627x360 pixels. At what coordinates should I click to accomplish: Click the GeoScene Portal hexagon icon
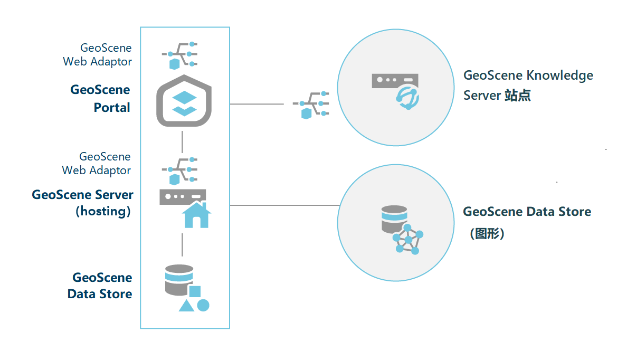[184, 101]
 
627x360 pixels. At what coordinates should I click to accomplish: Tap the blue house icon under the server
[196, 214]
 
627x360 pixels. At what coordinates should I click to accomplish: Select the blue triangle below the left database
[186, 305]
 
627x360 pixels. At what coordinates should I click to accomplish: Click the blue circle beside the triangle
[203, 305]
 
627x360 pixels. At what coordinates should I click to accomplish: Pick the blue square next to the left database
[195, 291]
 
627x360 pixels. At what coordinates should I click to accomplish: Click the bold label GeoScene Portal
[100, 98]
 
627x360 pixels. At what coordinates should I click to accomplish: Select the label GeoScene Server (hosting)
[83, 203]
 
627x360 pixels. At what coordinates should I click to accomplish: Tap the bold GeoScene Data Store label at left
[100, 286]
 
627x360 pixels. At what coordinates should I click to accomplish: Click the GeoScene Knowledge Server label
[528, 85]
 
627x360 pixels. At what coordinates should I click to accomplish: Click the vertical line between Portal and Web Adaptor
[183, 141]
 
